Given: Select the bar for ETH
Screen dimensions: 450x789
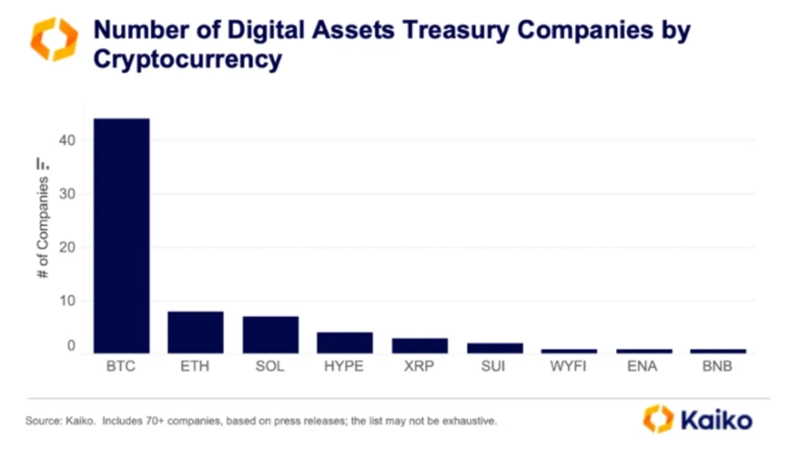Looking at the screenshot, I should (x=195, y=333).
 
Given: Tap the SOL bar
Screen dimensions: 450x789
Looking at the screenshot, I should (x=270, y=335).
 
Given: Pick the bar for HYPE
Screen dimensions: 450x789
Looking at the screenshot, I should (x=344, y=342).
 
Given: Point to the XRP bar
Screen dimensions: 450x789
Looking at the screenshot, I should (x=419, y=345).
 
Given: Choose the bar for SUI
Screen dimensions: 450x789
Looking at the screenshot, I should (x=494, y=348).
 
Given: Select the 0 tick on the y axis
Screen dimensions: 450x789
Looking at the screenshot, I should (x=71, y=346).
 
